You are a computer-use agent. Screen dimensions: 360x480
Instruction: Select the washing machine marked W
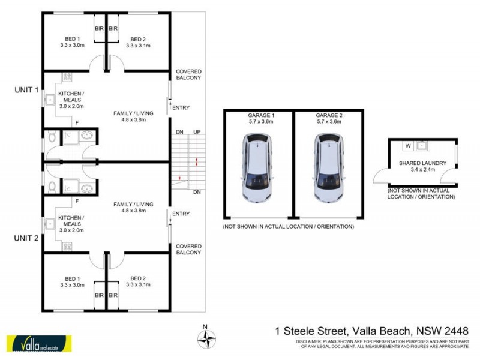pyautogui.click(x=408, y=145)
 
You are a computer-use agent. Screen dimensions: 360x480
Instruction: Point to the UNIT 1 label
pyautogui.click(x=26, y=90)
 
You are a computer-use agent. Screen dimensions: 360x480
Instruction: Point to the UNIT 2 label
pyautogui.click(x=26, y=238)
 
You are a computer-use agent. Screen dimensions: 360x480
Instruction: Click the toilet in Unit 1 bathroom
pyautogui.click(x=53, y=138)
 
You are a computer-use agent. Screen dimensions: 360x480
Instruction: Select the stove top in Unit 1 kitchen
pyautogui.click(x=66, y=77)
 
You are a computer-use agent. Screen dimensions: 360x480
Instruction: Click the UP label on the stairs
pyautogui.click(x=196, y=132)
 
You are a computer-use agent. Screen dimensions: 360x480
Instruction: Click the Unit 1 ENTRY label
pyautogui.click(x=181, y=108)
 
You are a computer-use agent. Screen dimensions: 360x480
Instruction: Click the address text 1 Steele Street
pyautogui.click(x=311, y=331)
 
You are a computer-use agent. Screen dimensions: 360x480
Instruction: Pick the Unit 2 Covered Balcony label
pyautogui.click(x=188, y=249)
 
